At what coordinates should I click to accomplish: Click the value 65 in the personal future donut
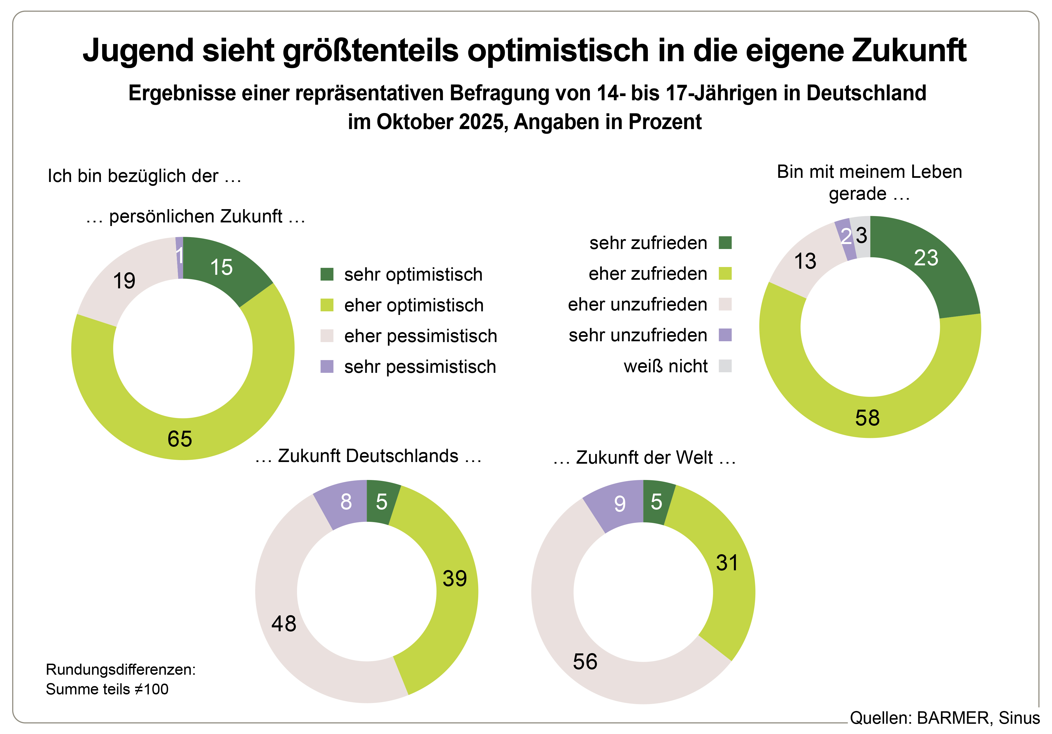click(180, 439)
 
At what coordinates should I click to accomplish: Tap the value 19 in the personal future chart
click(124, 281)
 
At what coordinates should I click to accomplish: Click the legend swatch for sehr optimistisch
click(327, 274)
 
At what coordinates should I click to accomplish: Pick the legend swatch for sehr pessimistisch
click(327, 366)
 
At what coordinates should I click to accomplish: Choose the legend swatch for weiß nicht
click(725, 366)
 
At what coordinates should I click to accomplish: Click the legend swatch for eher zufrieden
click(725, 273)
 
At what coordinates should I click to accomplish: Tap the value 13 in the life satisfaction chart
click(805, 261)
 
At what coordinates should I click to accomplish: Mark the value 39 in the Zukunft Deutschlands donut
click(454, 579)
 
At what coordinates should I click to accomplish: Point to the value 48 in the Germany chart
click(284, 623)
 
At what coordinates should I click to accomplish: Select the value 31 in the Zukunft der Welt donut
click(727, 563)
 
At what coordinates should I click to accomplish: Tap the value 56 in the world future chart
click(585, 661)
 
